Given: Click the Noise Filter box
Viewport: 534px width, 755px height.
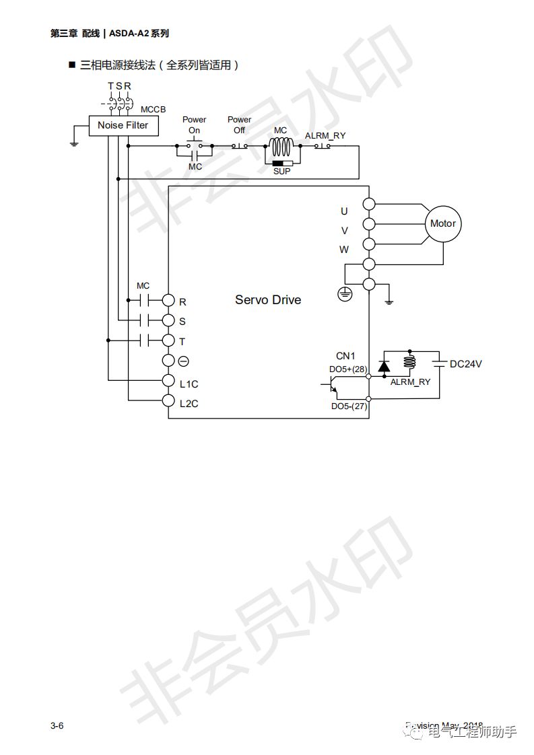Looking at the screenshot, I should pyautogui.click(x=123, y=125).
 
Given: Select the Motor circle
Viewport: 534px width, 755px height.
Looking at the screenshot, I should pyautogui.click(x=442, y=223).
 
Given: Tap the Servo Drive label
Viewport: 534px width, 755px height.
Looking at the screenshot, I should pyautogui.click(x=267, y=299).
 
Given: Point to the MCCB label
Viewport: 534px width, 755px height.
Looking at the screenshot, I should pyautogui.click(x=153, y=109).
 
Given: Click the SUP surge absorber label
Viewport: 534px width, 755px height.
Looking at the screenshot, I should pyautogui.click(x=281, y=172).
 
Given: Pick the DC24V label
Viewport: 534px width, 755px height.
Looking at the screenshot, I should pyautogui.click(x=466, y=364).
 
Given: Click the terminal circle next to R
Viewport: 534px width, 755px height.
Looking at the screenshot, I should pyautogui.click(x=168, y=301).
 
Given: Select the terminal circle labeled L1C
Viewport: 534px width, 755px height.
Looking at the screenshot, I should pyautogui.click(x=168, y=381).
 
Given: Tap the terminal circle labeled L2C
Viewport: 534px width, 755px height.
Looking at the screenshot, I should pyautogui.click(x=168, y=401).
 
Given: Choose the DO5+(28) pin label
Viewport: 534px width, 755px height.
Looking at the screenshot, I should pyautogui.click(x=347, y=369).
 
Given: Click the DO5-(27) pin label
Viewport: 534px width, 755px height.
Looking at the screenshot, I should pyautogui.click(x=348, y=406).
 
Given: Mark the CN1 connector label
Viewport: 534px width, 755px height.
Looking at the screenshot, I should pyautogui.click(x=345, y=355).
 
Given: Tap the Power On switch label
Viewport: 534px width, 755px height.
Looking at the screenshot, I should pyautogui.click(x=194, y=124).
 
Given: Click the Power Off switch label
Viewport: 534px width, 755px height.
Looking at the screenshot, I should pyautogui.click(x=239, y=124).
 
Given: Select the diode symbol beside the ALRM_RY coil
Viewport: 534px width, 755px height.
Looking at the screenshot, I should pyautogui.click(x=384, y=365).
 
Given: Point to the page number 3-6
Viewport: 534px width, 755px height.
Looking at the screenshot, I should pyautogui.click(x=57, y=725).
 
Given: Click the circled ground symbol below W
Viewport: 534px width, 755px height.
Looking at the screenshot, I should pyautogui.click(x=345, y=293).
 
